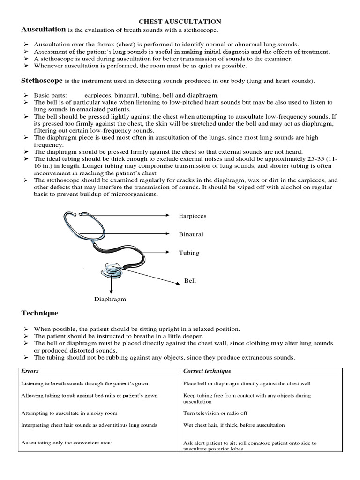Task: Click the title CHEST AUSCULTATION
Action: [x=180, y=22]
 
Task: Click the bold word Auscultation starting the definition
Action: [x=44, y=30]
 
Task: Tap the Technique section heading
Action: [x=40, y=313]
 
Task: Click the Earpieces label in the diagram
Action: [x=192, y=216]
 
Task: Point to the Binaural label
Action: [x=191, y=234]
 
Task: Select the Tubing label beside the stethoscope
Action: [x=189, y=253]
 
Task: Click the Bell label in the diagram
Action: [x=190, y=281]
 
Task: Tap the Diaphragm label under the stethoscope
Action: [x=110, y=299]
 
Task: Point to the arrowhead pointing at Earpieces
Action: [x=167, y=215]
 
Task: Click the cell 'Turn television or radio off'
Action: [x=215, y=413]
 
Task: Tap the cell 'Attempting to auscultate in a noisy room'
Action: [x=69, y=413]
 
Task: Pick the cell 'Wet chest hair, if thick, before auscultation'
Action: [x=234, y=425]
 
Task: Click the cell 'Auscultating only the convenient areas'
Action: [x=67, y=442]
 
